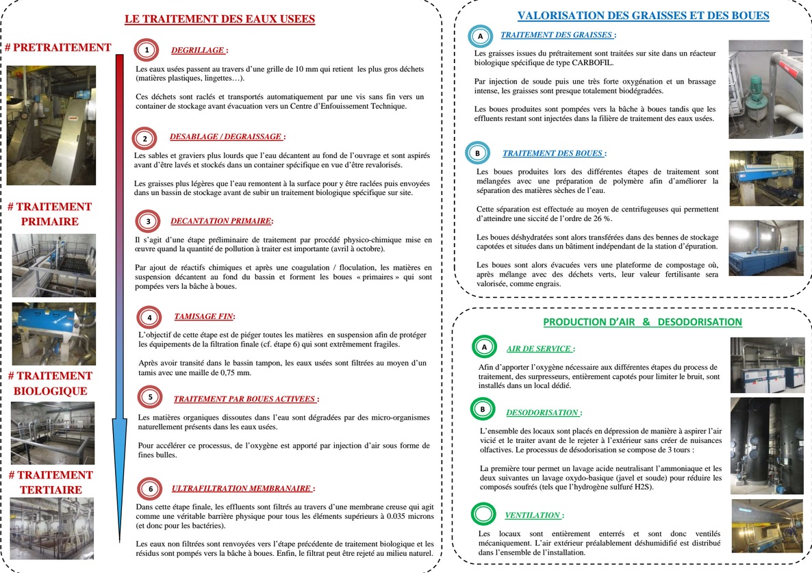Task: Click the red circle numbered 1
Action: click(146, 49)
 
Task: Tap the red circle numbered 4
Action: click(149, 317)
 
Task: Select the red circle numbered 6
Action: click(150, 489)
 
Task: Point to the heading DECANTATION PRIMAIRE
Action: click(221, 221)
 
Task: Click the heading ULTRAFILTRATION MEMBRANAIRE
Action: click(242, 489)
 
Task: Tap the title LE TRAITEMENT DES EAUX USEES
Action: click(220, 19)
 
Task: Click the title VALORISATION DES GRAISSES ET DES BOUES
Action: click(643, 15)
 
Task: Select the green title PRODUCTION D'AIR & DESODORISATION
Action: click(642, 321)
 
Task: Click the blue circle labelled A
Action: click(480, 36)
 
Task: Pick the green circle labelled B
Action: click(483, 409)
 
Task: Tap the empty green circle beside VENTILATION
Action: click(483, 514)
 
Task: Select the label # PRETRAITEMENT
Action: click(58, 47)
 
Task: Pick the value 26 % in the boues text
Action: click(602, 218)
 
